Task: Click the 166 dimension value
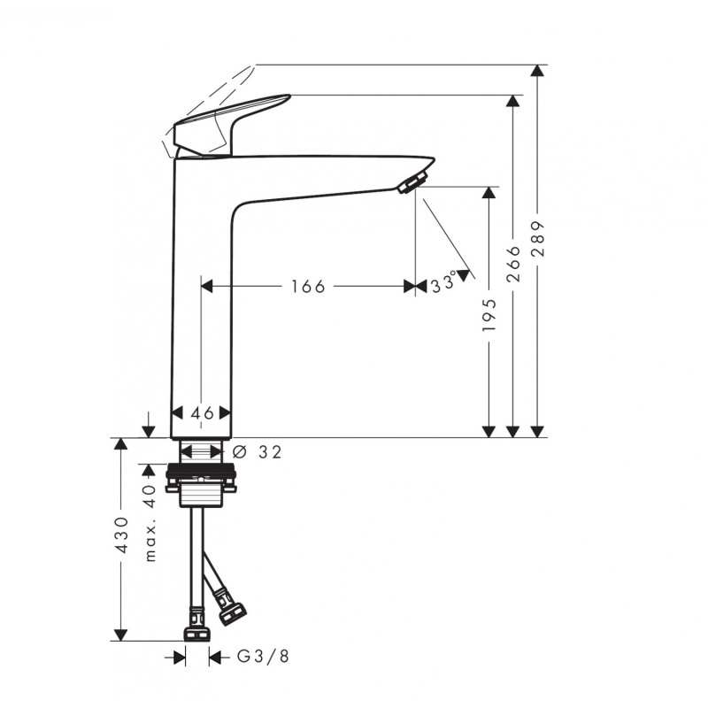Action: click(x=308, y=286)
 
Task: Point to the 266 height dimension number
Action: click(x=513, y=264)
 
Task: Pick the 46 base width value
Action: click(x=202, y=413)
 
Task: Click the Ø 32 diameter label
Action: click(x=258, y=452)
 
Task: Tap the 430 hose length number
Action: click(x=122, y=535)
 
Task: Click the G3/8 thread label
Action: click(x=263, y=657)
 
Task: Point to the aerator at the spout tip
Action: click(x=411, y=183)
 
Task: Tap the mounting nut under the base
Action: click(x=201, y=479)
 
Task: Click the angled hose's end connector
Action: click(x=233, y=610)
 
